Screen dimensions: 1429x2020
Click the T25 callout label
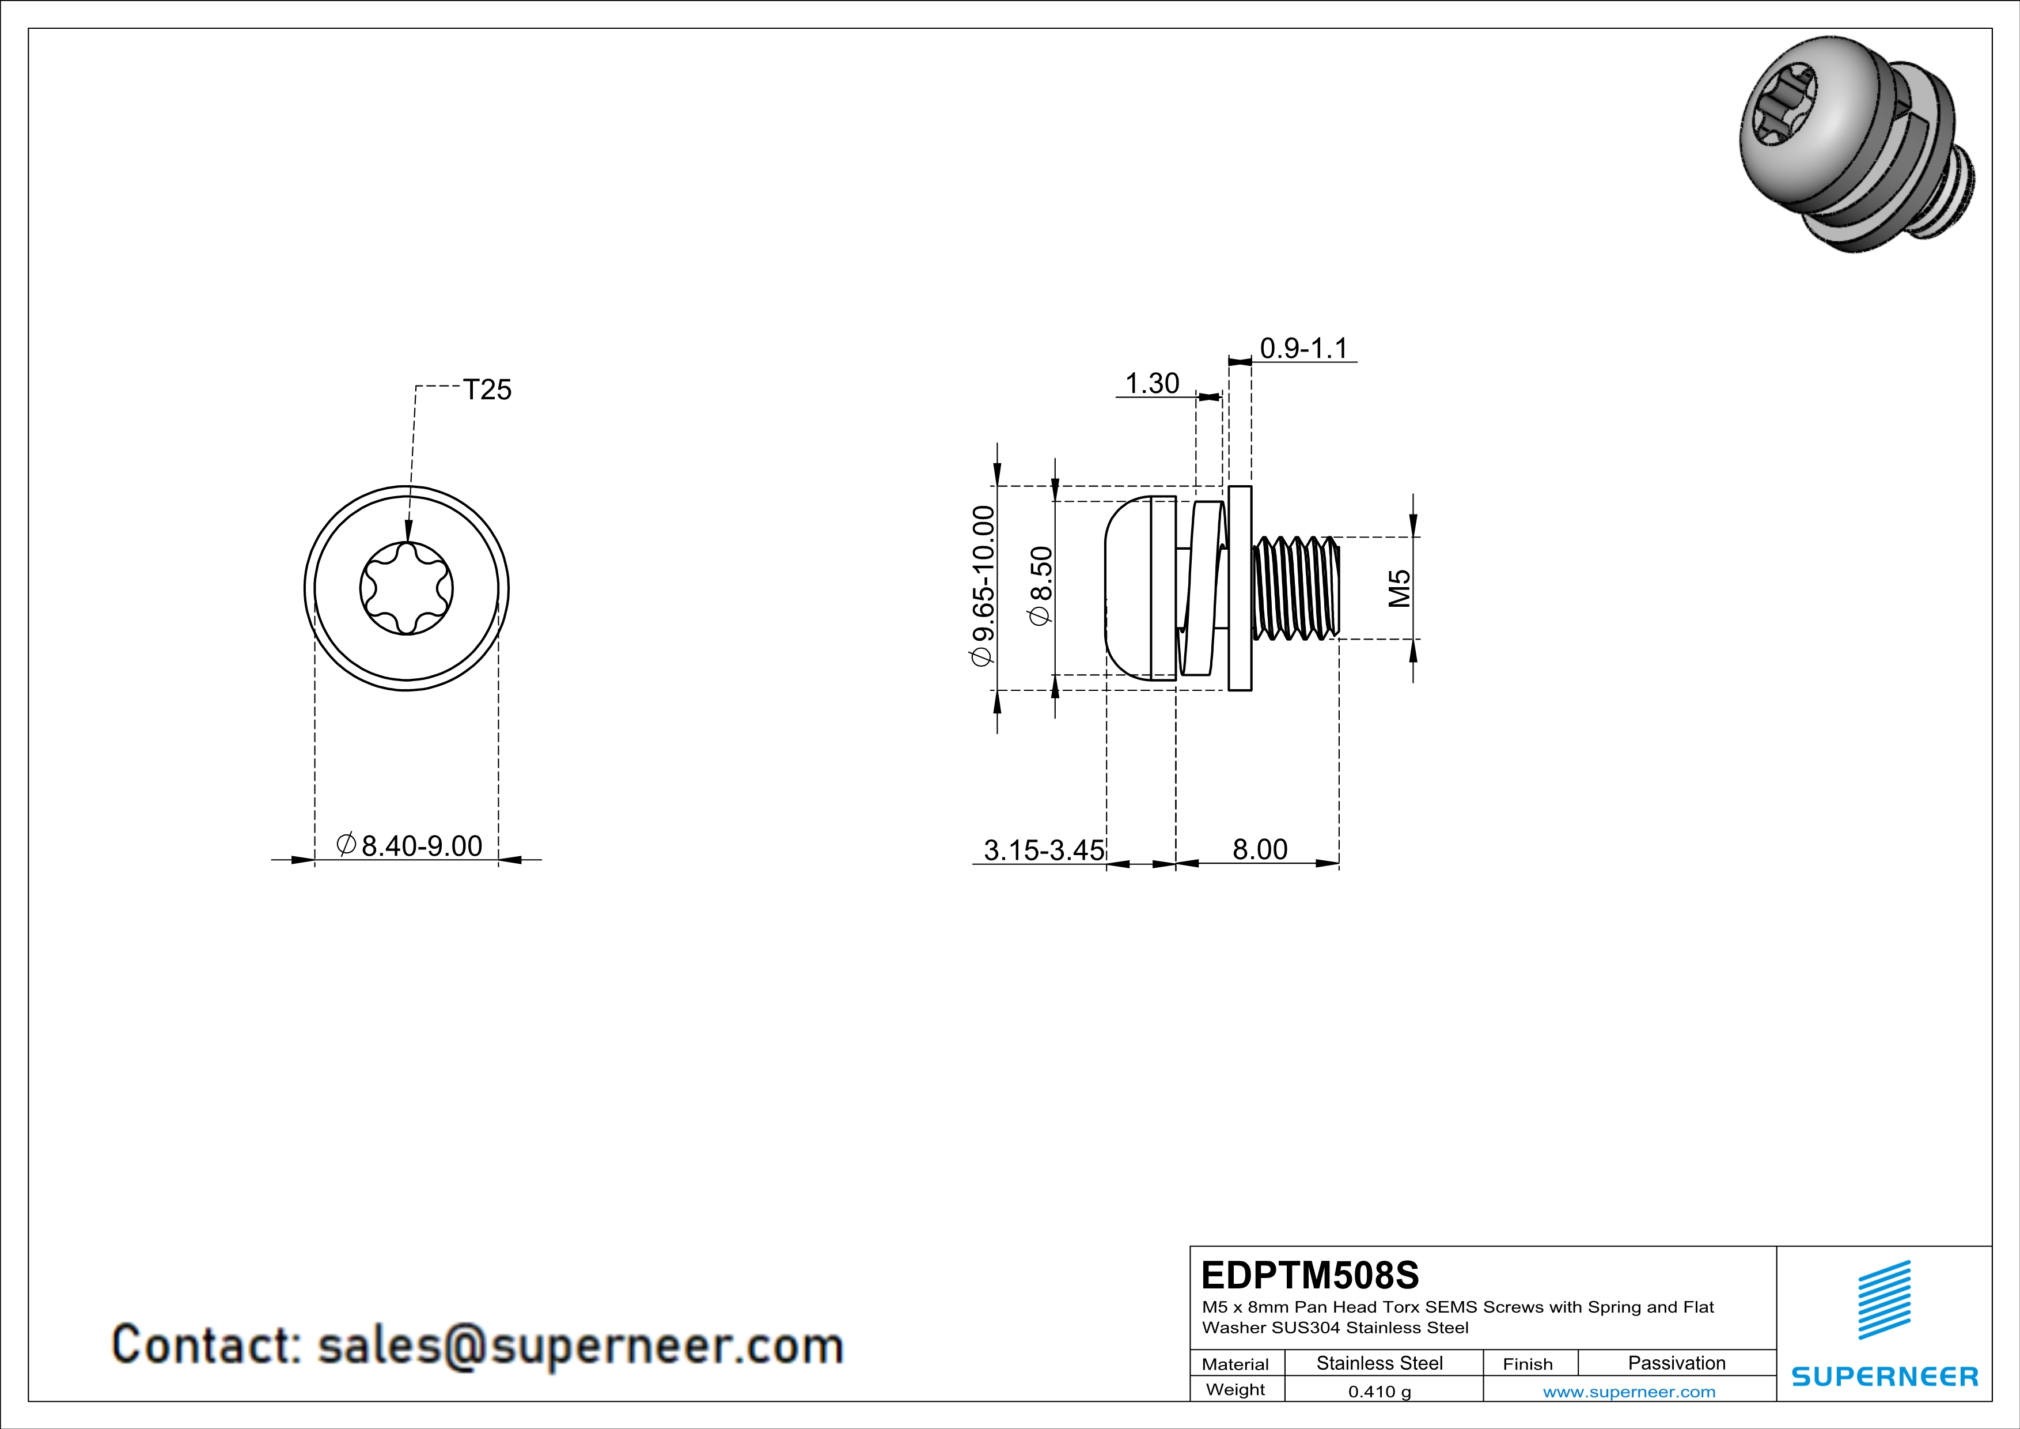[x=487, y=390]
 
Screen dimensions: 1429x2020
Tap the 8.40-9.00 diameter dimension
[x=410, y=846]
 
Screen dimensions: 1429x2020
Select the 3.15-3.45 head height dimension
[x=1044, y=850]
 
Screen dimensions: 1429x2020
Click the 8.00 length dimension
[x=1259, y=849]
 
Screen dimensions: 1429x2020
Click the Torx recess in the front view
[x=407, y=588]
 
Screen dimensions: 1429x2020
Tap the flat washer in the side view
[x=1240, y=588]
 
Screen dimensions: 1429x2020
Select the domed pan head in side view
[x=1127, y=588]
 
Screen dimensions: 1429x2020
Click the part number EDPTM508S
[x=1309, y=1275]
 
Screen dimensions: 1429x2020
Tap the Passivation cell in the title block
[x=1676, y=1363]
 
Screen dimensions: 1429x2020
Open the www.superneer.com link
[x=1628, y=1391]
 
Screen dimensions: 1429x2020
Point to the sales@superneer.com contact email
[x=580, y=1345]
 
